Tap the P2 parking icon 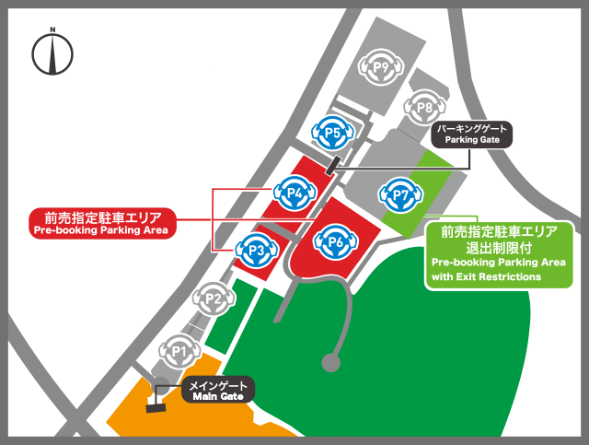[x=214, y=299]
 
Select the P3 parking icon [x=256, y=249]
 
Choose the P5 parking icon [x=332, y=135]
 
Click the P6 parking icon [x=336, y=241]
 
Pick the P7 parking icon [x=400, y=195]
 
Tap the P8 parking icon [x=424, y=109]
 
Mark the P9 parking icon [x=384, y=66]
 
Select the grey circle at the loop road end [x=329, y=362]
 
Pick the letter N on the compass [x=53, y=34]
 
